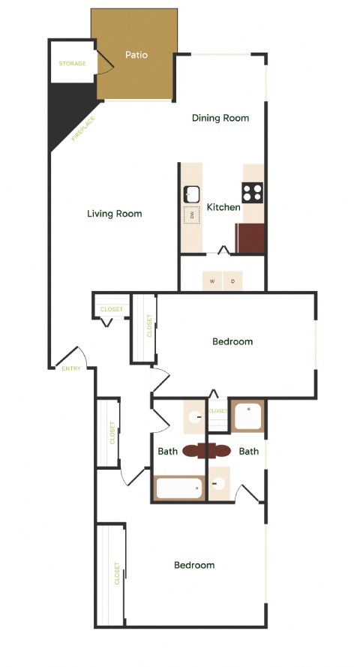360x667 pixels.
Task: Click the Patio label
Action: point(136,55)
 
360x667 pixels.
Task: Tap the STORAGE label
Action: point(73,64)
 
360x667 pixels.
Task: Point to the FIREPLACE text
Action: point(83,128)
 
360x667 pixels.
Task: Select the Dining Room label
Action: point(220,118)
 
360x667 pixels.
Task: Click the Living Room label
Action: point(115,214)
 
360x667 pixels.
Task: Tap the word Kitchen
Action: point(223,207)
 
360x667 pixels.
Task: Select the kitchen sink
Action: point(190,193)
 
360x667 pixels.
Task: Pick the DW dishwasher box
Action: point(191,215)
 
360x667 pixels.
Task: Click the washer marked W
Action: point(212,281)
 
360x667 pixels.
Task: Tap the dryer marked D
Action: point(232,281)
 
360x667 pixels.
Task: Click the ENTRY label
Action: point(71,368)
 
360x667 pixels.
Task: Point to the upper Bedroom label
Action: point(232,341)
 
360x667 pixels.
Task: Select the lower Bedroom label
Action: point(194,565)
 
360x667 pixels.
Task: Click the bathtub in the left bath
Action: point(179,488)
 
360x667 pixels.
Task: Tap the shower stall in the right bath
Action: point(247,416)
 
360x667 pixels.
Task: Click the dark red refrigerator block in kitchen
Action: point(250,239)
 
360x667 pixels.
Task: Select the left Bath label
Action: point(167,452)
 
